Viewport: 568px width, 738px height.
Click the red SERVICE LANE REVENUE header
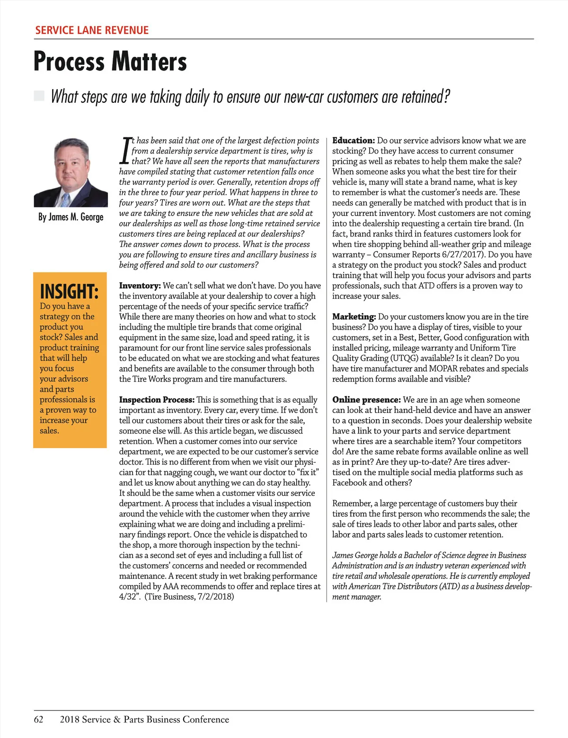92,30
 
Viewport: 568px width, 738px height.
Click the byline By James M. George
71,217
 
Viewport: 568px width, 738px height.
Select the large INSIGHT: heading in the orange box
69,291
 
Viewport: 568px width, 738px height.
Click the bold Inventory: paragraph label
140,286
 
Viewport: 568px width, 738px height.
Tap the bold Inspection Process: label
157,400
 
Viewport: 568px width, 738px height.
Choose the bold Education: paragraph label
353,141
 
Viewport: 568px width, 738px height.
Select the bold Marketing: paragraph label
354,316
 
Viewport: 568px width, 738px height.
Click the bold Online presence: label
366,400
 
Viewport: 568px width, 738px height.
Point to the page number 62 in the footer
38,720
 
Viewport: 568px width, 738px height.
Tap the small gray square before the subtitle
39,96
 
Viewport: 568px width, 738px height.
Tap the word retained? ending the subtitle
426,97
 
